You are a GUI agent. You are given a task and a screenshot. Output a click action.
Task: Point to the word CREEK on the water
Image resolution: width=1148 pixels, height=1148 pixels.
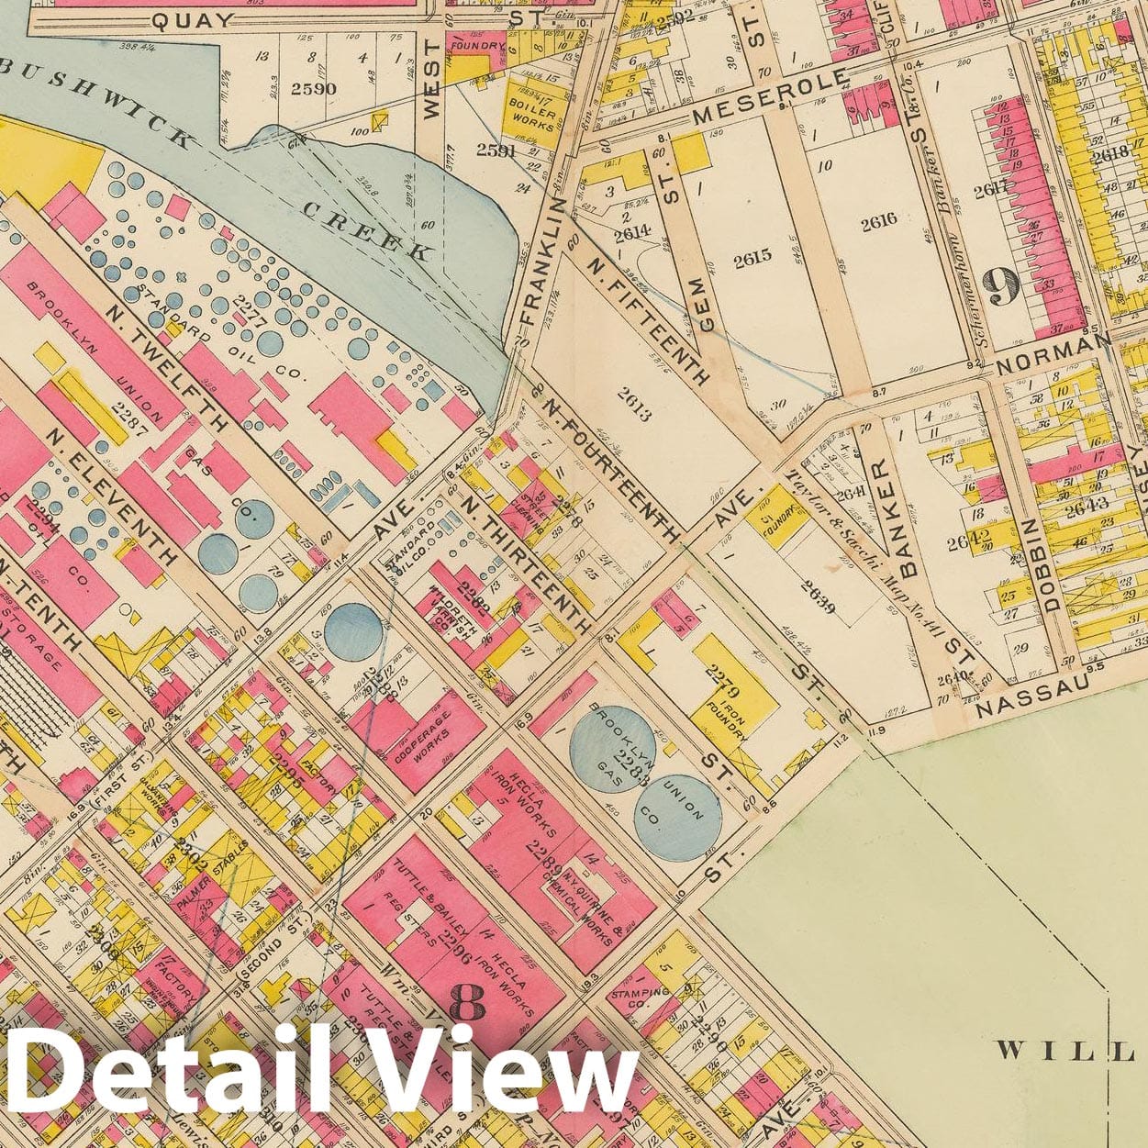click(x=367, y=228)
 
